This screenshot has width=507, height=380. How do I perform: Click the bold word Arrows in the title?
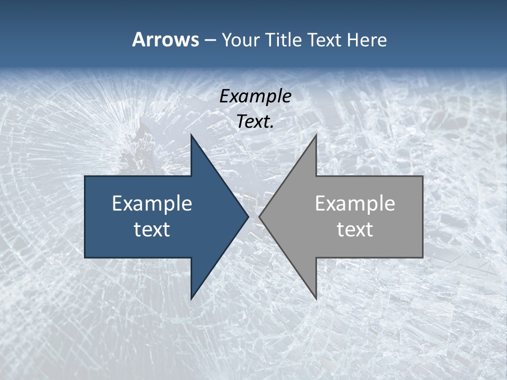[x=165, y=40]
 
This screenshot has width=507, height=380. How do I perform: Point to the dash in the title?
[x=210, y=40]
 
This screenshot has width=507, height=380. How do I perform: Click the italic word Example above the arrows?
[x=255, y=96]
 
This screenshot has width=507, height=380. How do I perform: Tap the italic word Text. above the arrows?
[x=255, y=122]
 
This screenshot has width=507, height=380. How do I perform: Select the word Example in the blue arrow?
[x=152, y=203]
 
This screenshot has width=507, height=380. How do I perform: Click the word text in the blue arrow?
[x=152, y=229]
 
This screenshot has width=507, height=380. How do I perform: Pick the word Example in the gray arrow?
[x=355, y=203]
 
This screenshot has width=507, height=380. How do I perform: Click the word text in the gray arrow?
[x=355, y=229]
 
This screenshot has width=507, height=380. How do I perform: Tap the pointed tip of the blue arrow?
[x=248, y=216]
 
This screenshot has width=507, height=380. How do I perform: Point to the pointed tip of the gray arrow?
[x=260, y=216]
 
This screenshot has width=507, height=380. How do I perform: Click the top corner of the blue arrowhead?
[x=191, y=135]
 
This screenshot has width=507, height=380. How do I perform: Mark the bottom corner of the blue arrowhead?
[x=191, y=299]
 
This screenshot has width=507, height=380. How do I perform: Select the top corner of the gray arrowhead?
[x=316, y=135]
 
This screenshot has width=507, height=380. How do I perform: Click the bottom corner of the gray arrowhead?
[x=316, y=299]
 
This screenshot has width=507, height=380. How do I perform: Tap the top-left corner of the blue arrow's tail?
[x=85, y=176]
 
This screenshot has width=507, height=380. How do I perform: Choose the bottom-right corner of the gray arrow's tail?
[x=422, y=257]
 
